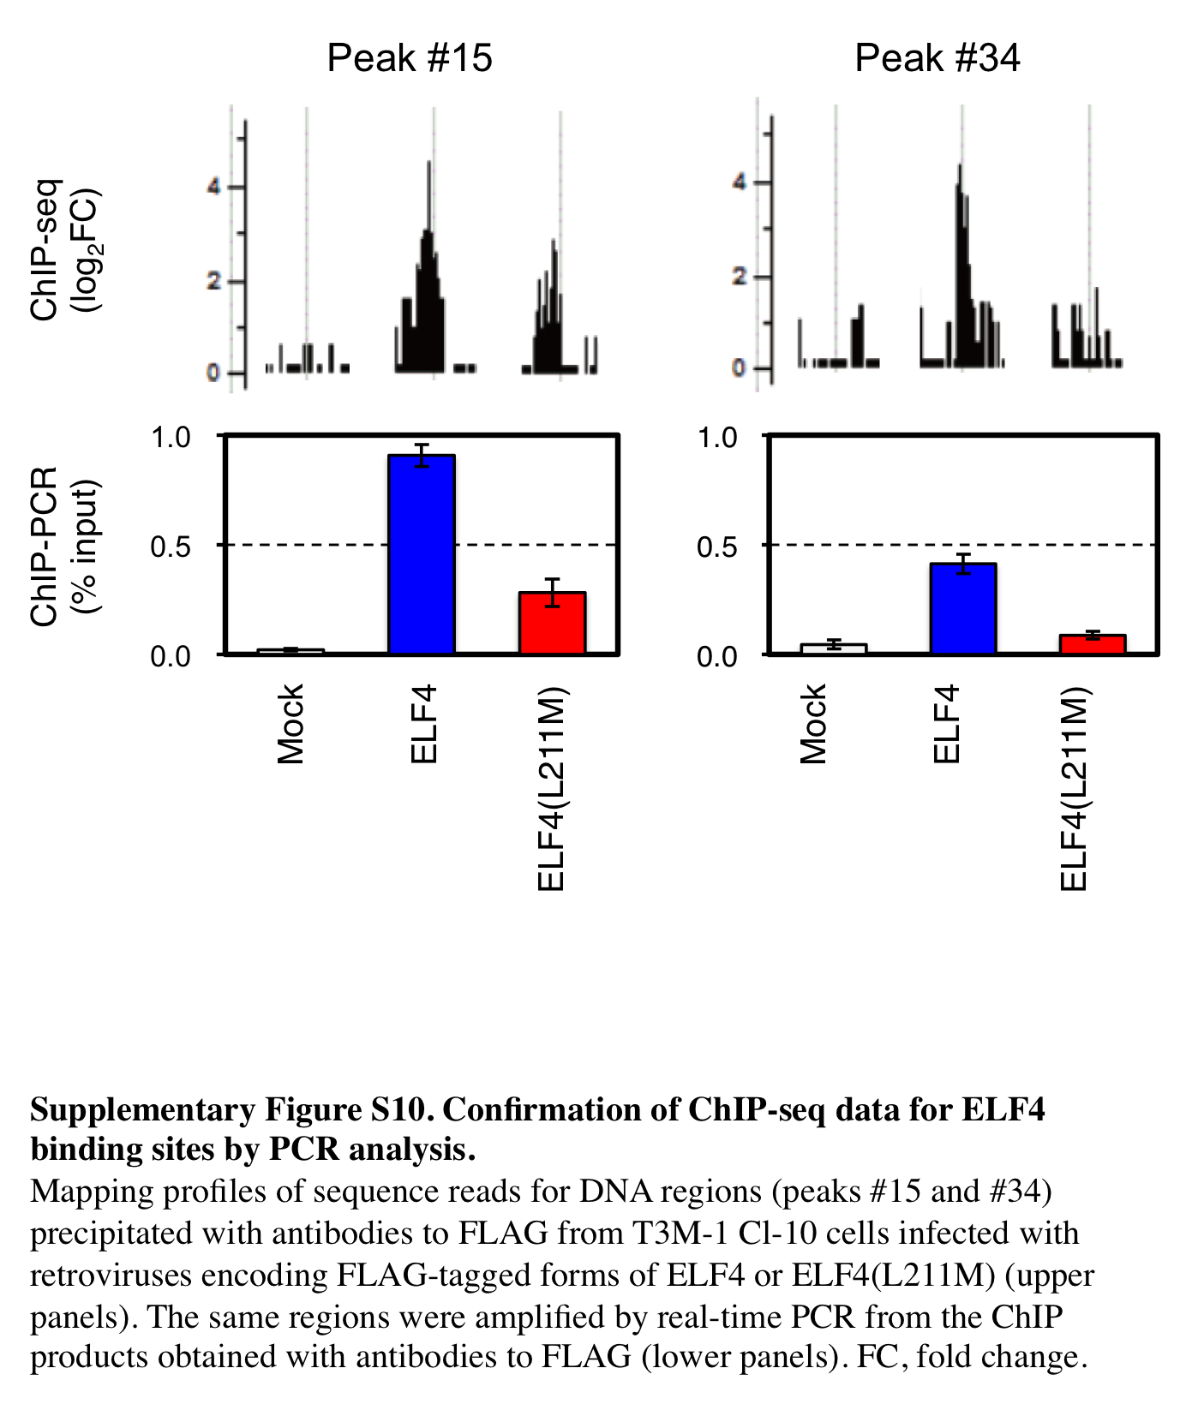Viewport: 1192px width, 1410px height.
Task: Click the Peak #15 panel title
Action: [x=410, y=58]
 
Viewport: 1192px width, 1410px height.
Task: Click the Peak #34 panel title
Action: [x=937, y=58]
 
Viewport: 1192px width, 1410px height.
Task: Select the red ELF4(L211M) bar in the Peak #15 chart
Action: [x=552, y=623]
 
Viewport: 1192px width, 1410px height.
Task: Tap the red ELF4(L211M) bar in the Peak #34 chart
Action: [x=1092, y=644]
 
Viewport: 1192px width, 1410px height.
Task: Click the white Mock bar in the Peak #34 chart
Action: [x=833, y=648]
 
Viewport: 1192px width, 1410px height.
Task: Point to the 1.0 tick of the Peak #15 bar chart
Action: [x=171, y=437]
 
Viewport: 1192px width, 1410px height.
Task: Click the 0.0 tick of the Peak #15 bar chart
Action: [x=171, y=656]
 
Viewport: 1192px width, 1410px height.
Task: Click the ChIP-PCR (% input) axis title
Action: [x=64, y=547]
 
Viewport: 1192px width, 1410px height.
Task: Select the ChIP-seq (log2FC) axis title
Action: [x=64, y=249]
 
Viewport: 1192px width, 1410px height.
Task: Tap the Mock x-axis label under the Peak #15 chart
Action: [x=291, y=723]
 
